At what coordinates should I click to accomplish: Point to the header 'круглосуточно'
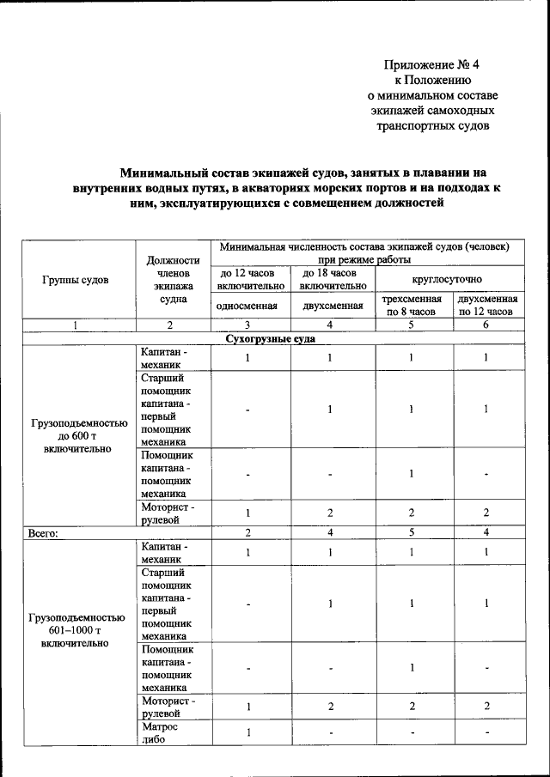446,279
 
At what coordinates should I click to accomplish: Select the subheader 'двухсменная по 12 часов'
487,306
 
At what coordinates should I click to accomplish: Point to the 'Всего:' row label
43,532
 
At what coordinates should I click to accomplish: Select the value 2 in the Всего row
247,532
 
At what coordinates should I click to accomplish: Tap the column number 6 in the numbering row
486,325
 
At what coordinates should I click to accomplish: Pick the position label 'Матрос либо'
160,733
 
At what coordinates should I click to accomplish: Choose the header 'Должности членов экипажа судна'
169,281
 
